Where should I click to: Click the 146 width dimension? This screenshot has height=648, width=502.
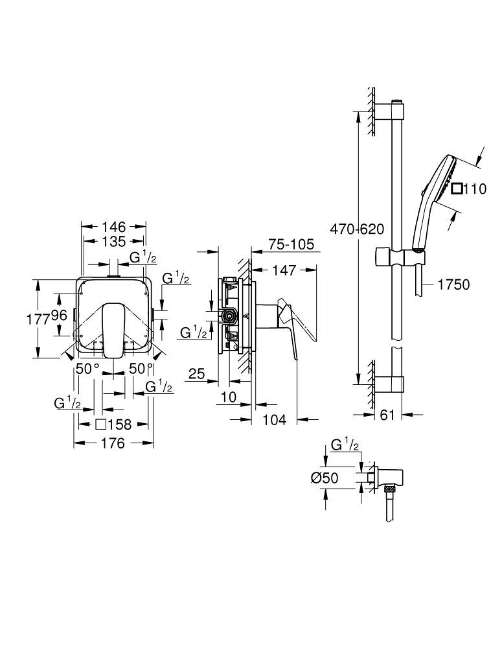(x=114, y=227)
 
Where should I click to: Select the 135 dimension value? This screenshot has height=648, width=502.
(x=114, y=242)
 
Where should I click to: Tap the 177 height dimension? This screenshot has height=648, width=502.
(x=41, y=318)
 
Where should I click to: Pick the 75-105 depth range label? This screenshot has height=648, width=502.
(x=291, y=244)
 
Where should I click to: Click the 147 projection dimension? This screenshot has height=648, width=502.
(x=285, y=270)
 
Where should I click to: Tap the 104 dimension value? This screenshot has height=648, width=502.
(x=275, y=420)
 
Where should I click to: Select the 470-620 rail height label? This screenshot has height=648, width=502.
(x=356, y=229)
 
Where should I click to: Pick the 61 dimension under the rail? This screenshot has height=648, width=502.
(x=387, y=415)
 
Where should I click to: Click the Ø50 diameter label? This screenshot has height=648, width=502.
(x=325, y=478)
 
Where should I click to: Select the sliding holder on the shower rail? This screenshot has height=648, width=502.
(x=400, y=257)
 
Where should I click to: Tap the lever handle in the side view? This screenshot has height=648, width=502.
(x=298, y=322)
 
